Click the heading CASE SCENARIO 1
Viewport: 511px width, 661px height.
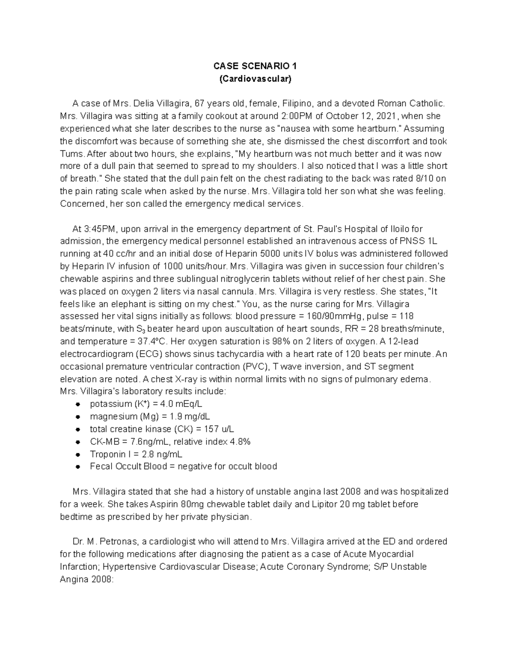coord(255,66)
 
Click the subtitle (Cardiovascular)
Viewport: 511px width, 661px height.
coord(255,79)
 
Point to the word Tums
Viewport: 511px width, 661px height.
coord(70,154)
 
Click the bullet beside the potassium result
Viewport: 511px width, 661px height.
coord(78,404)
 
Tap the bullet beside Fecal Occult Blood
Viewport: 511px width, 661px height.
coord(78,466)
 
